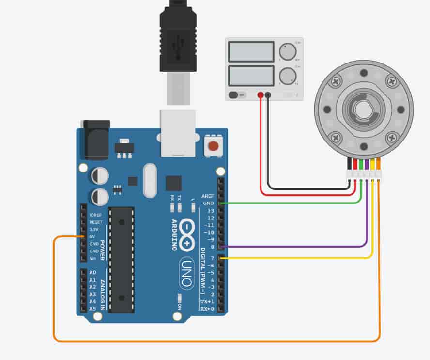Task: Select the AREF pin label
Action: click(207, 196)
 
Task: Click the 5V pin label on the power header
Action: click(92, 236)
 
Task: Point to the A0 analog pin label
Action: click(92, 273)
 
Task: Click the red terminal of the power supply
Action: click(261, 95)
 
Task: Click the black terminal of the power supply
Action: click(268, 95)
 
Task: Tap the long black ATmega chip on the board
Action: click(121, 259)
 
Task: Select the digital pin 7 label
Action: click(211, 258)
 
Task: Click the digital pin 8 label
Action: click(211, 247)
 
